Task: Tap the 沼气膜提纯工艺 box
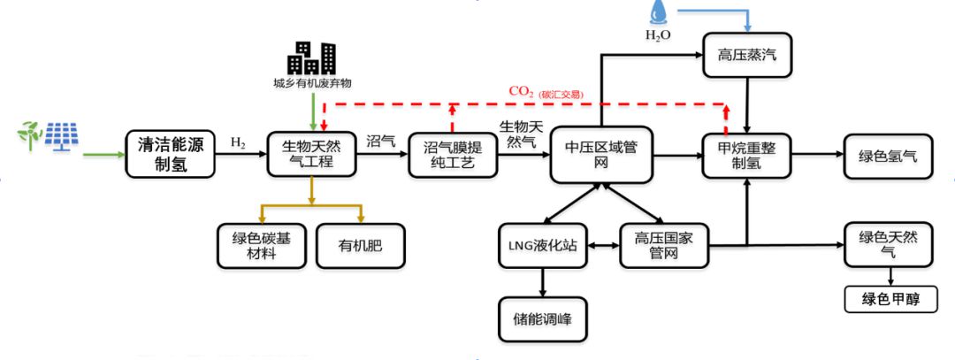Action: (x=453, y=155)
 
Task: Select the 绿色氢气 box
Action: (x=888, y=156)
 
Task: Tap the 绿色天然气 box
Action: (x=888, y=245)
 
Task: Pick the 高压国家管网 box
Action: (x=662, y=245)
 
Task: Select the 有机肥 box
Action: (x=360, y=245)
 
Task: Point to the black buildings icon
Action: (x=311, y=57)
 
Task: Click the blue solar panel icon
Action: (x=61, y=136)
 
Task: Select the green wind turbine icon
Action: (x=28, y=135)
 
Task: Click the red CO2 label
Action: (x=522, y=91)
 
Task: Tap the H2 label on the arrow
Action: (x=239, y=142)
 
